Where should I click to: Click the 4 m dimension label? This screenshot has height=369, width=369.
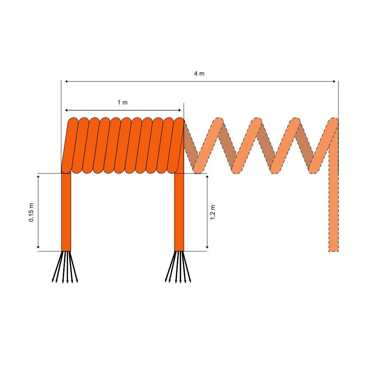click(x=199, y=74)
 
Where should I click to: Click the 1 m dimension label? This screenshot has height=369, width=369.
click(x=123, y=102)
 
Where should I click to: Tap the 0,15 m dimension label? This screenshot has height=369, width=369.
click(x=31, y=212)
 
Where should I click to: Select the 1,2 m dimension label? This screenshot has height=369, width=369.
click(x=213, y=212)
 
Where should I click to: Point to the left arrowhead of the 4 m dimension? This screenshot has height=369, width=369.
click(x=66, y=82)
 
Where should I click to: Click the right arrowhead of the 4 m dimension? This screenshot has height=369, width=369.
click(x=334, y=82)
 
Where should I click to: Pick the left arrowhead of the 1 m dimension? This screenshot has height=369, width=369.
click(x=66, y=110)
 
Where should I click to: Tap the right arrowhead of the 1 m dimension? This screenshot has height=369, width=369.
click(x=180, y=110)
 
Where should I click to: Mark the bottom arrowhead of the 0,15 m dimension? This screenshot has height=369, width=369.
click(x=38, y=247)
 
